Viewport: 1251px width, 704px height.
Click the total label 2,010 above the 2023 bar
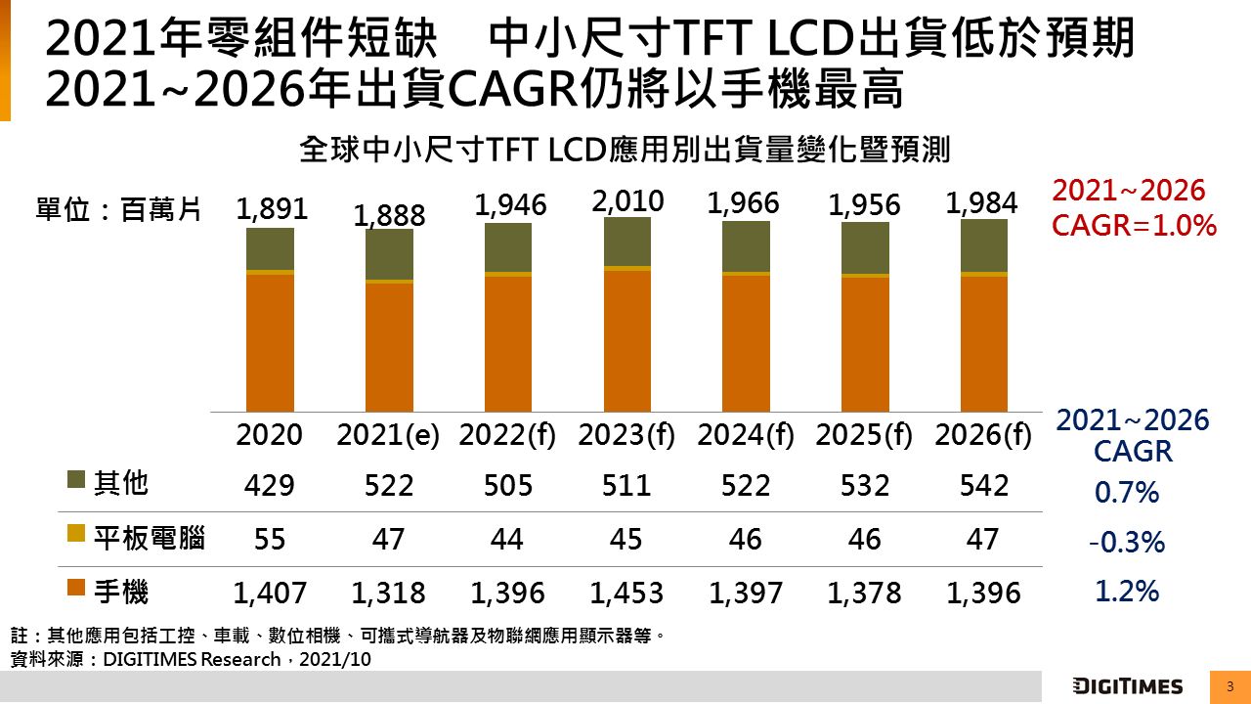(x=626, y=201)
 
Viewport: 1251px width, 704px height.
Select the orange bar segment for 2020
(x=270, y=342)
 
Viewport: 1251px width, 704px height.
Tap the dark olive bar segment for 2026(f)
(x=983, y=245)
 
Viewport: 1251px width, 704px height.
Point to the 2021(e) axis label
(x=388, y=436)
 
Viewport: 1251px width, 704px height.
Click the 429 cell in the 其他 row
(x=270, y=485)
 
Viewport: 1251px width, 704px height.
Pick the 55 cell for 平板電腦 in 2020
(x=270, y=539)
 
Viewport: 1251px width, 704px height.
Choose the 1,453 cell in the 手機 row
(x=626, y=593)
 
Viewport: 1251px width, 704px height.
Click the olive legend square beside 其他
(x=76, y=481)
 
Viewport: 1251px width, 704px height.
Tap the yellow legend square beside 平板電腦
(x=76, y=535)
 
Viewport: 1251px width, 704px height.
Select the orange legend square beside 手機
(x=76, y=589)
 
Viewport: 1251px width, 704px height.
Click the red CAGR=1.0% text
(x=1134, y=226)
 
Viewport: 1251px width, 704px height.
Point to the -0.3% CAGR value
(x=1126, y=542)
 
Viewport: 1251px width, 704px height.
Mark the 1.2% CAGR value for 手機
(x=1126, y=591)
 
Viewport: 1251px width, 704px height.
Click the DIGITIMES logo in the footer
(x=1127, y=686)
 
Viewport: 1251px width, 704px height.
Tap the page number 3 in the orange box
(x=1229, y=686)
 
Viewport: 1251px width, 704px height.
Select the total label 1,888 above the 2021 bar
(x=389, y=215)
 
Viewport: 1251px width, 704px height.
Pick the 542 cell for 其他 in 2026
(x=983, y=485)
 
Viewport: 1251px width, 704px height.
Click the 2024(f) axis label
(x=746, y=436)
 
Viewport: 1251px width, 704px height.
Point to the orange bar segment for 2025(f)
(x=865, y=344)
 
